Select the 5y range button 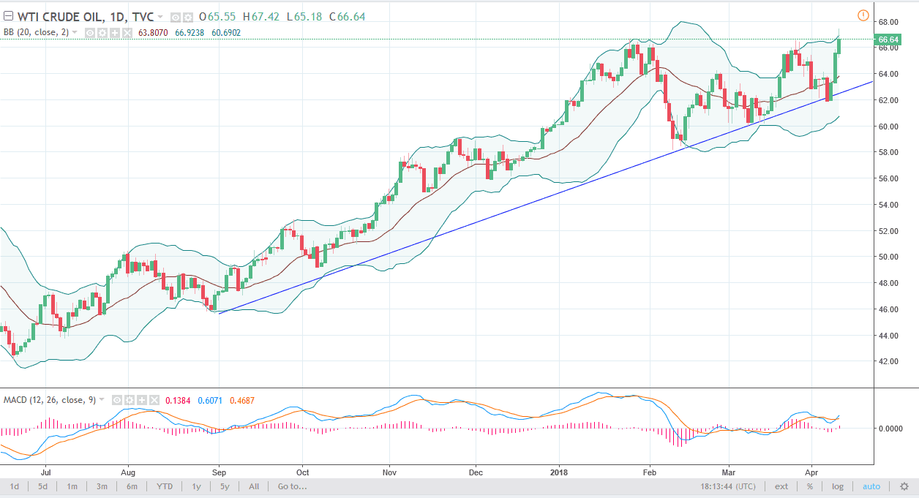coord(224,486)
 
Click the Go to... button coord(293,486)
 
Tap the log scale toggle coord(838,486)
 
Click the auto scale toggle coord(871,486)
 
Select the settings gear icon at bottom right coord(904,486)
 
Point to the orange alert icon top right coord(863,15)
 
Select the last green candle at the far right coord(839,45)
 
